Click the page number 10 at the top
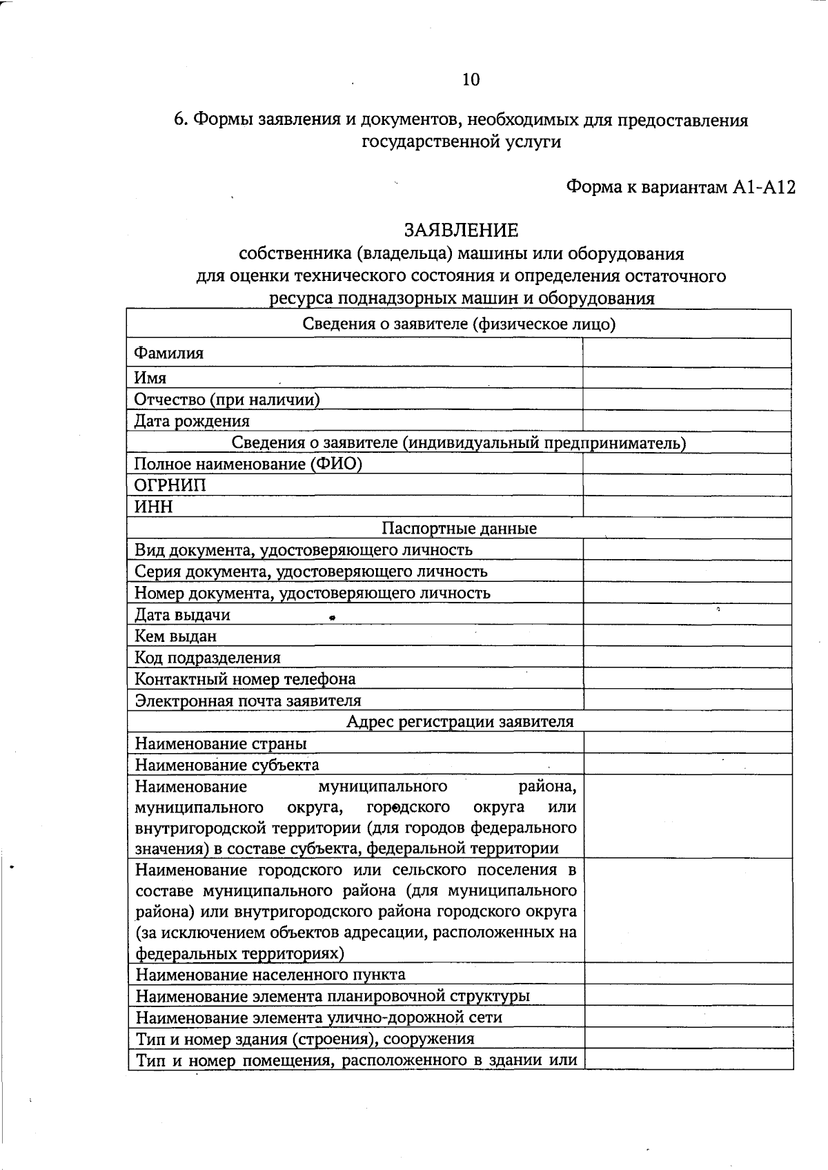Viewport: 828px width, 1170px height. click(x=471, y=80)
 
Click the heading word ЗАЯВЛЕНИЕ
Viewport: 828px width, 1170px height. click(x=461, y=230)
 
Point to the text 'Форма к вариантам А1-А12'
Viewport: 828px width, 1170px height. click(x=680, y=187)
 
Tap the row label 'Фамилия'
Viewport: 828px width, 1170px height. click(x=169, y=353)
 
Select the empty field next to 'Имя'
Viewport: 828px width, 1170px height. click(x=687, y=378)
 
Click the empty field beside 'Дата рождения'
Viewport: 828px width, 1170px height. click(x=687, y=421)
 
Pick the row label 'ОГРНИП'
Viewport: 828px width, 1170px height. click(x=170, y=485)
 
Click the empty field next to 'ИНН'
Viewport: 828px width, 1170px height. click(x=687, y=507)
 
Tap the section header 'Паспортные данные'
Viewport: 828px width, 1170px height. click(x=459, y=529)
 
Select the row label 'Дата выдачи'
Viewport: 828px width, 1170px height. click(x=182, y=615)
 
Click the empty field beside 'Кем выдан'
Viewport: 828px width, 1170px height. click(x=687, y=636)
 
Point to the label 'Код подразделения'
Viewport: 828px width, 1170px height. click(x=208, y=658)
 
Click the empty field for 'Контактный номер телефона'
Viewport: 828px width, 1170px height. click(x=687, y=679)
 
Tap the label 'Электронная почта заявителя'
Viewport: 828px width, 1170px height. click(x=248, y=701)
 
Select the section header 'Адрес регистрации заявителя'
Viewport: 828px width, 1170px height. click(x=460, y=722)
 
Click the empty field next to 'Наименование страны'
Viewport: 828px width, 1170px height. click(x=687, y=743)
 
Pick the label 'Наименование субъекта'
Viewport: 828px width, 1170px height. click(x=227, y=765)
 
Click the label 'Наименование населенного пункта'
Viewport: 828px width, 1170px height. click(x=270, y=975)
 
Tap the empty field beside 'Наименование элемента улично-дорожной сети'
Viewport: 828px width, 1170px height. click(x=688, y=1017)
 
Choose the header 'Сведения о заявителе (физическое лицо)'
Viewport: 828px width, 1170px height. click(x=459, y=324)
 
